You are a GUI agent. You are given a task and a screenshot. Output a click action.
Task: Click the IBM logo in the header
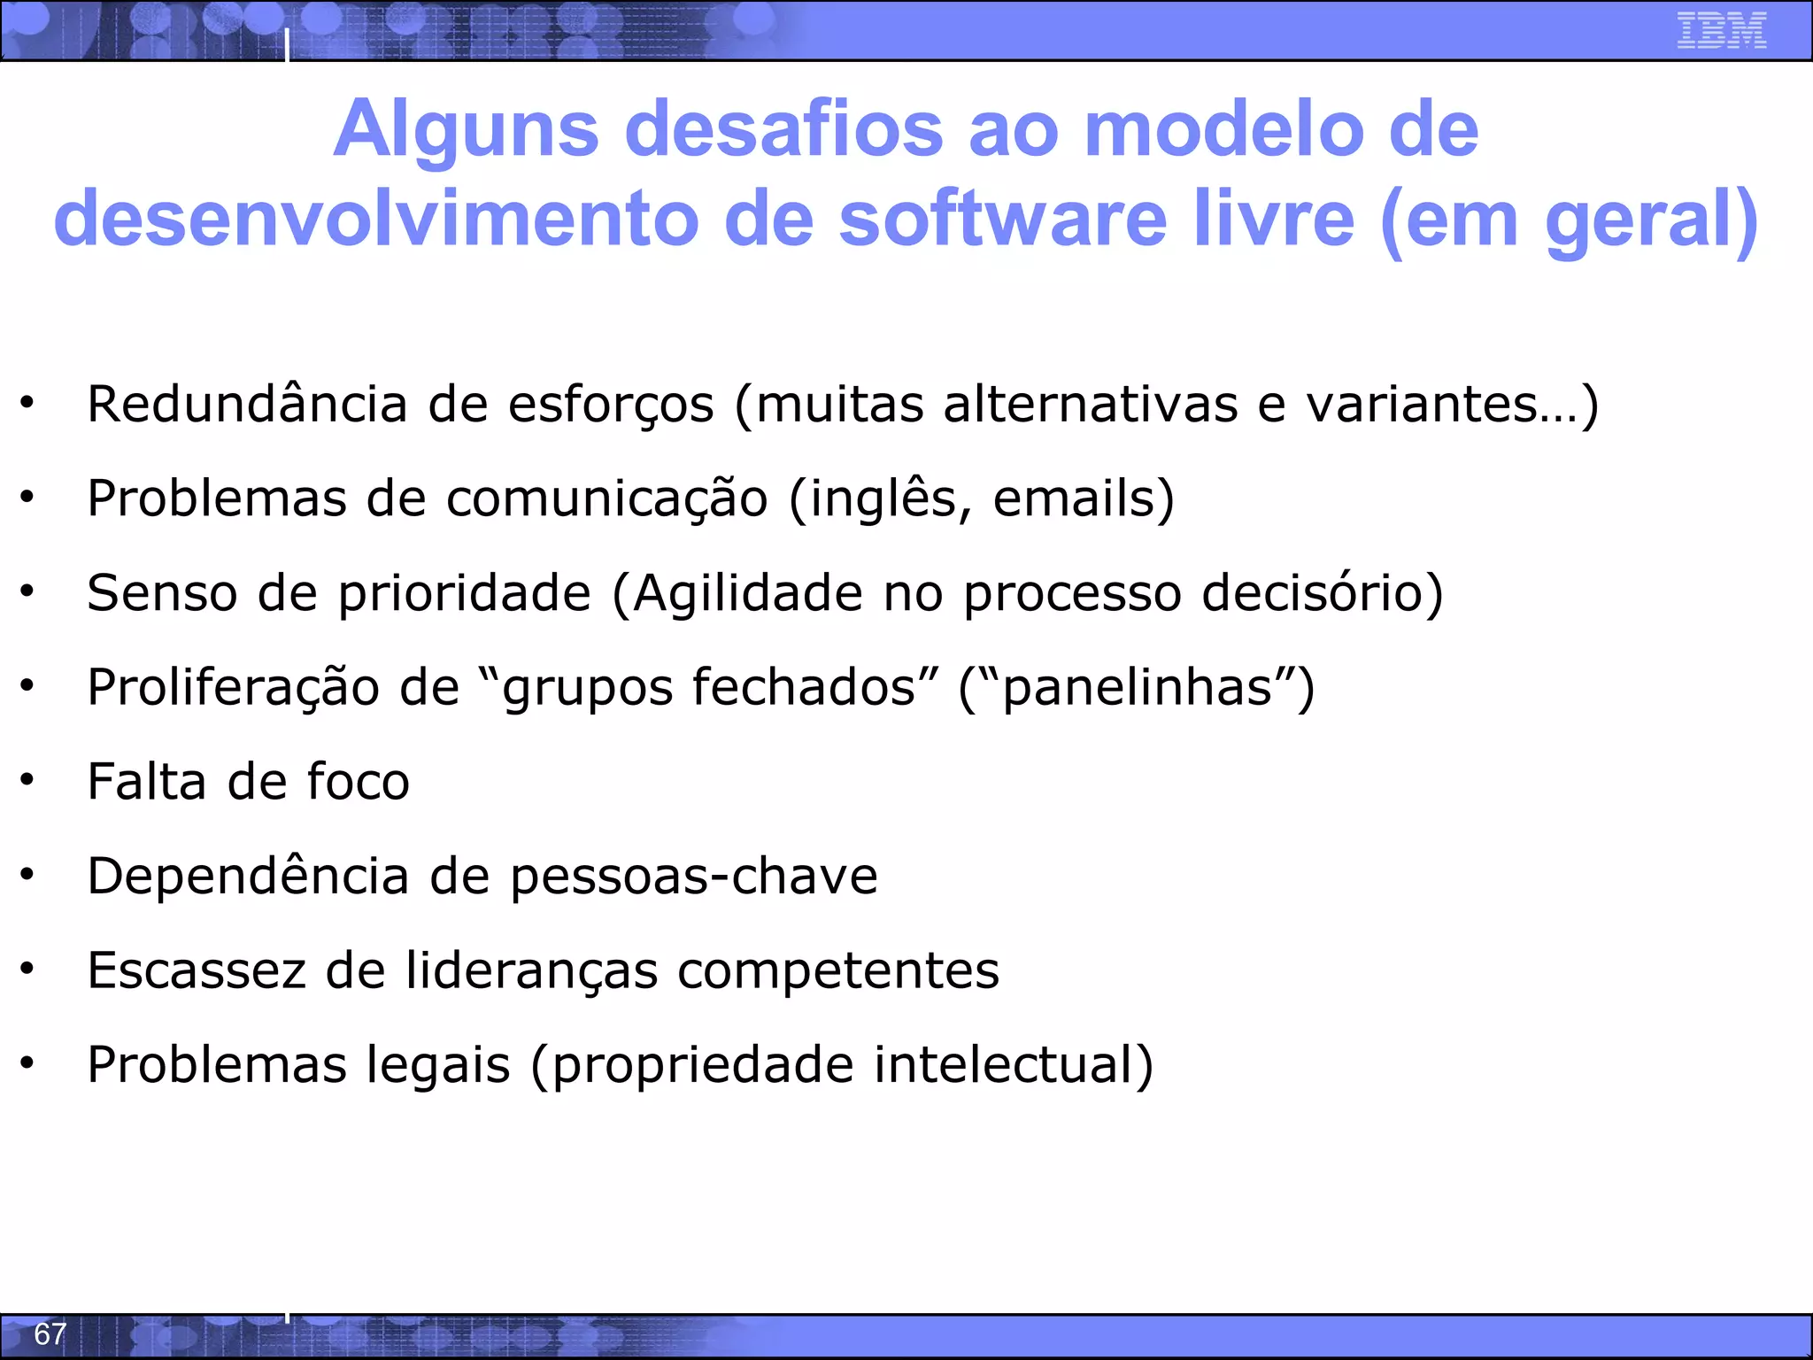pos(1721,30)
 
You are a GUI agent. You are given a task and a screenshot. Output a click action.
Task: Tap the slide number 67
pos(50,1333)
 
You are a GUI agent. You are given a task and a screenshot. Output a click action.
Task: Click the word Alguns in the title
pos(467,129)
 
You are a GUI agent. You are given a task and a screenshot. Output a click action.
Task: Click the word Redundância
pos(247,405)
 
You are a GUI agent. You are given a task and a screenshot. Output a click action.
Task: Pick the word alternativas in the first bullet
pos(1090,405)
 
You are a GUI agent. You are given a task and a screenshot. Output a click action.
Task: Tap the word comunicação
pos(606,498)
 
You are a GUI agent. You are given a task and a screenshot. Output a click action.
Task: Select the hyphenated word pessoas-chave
pos(694,877)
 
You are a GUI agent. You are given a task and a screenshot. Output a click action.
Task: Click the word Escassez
pos(197,970)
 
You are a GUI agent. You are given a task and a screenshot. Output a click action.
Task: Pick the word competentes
pos(838,971)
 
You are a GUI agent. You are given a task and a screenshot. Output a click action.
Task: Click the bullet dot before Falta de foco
pos(27,779)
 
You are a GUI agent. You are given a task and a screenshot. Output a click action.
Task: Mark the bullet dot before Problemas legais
pos(27,1062)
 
